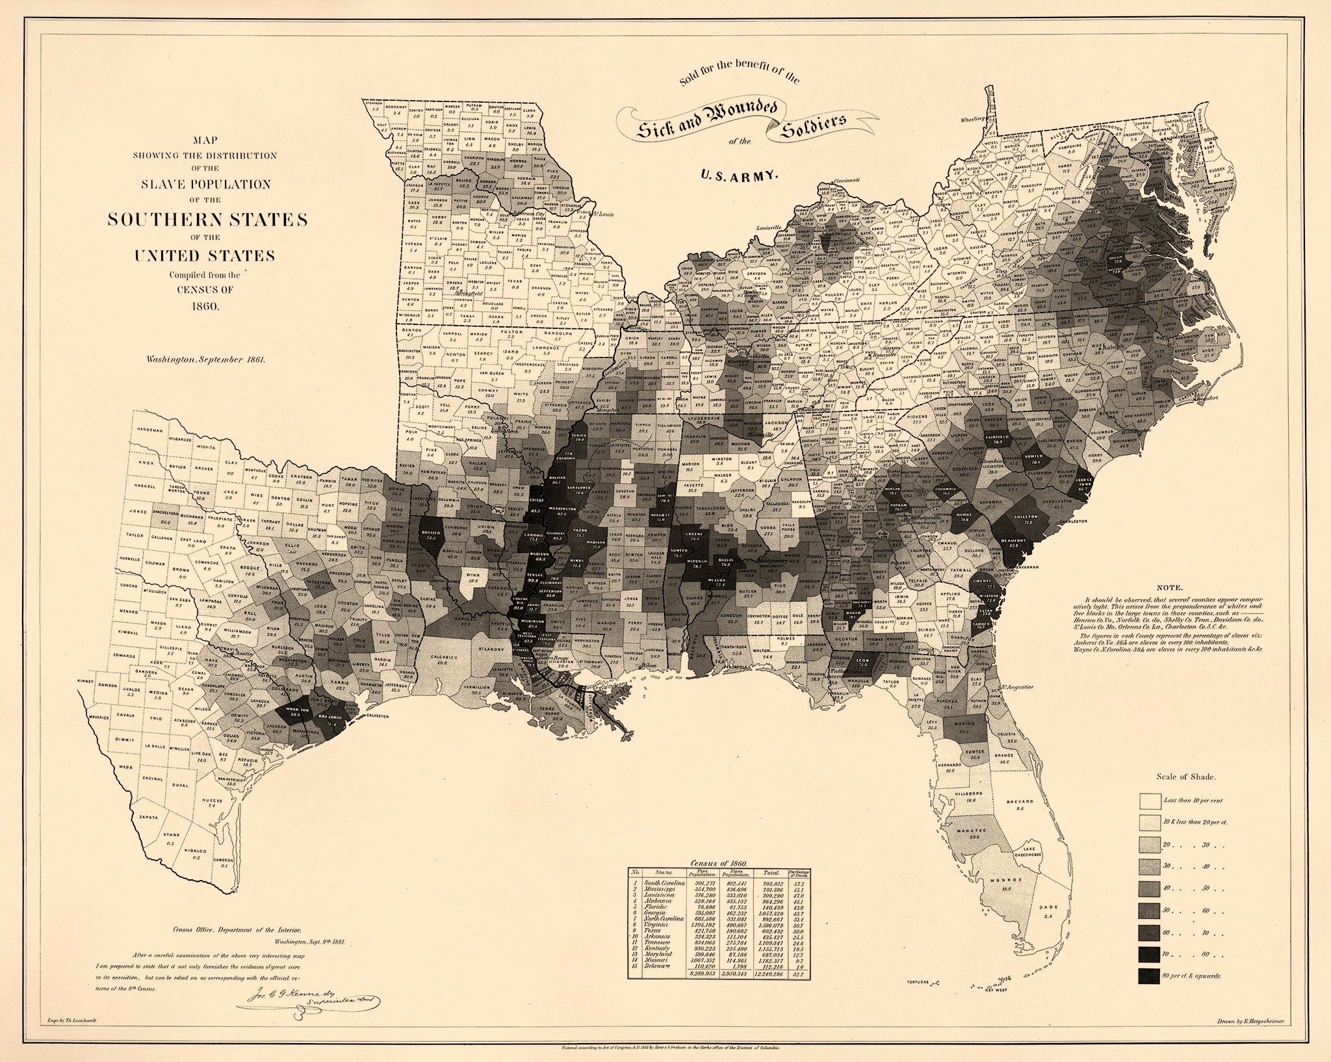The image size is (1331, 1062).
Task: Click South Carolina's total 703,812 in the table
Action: pos(773,884)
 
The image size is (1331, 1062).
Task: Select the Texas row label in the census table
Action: pos(653,931)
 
